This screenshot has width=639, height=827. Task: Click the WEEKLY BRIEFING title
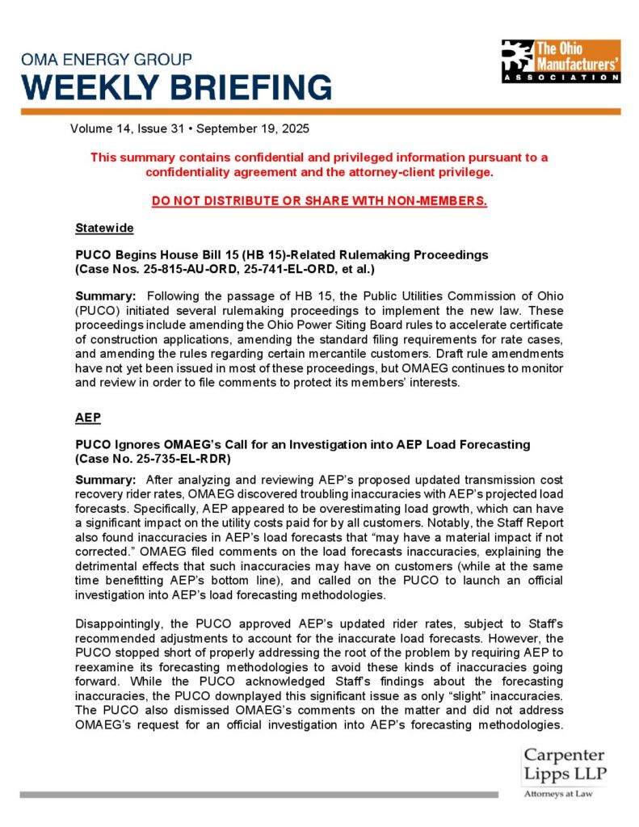coord(176,86)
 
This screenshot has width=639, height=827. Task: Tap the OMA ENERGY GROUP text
coord(106,60)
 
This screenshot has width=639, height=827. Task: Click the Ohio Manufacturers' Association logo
coord(560,61)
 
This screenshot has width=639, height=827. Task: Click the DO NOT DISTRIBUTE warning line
coord(319,200)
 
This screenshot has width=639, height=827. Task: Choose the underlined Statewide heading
coord(104,228)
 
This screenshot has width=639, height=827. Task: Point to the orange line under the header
coord(319,111)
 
